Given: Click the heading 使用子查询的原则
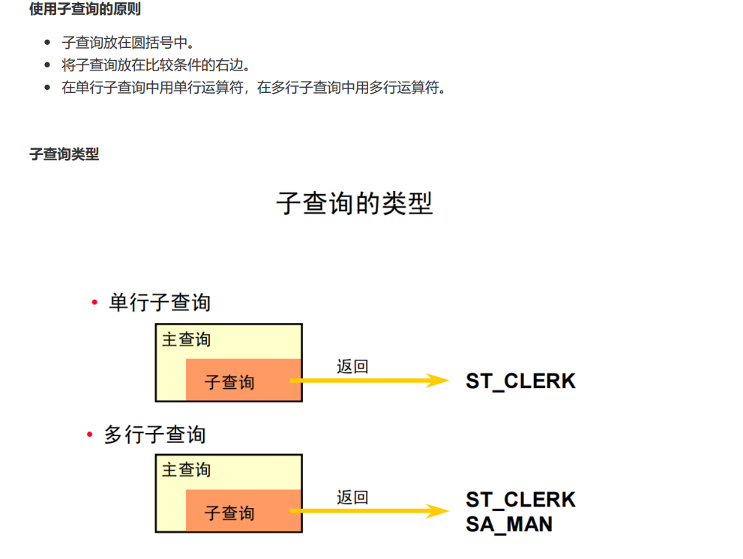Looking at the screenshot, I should click(x=85, y=10).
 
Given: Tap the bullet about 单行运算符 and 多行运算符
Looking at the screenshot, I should click(x=254, y=88).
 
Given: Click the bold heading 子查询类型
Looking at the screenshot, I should click(x=64, y=154).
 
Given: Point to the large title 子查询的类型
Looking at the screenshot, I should click(x=355, y=203).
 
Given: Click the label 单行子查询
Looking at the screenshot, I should click(x=160, y=303).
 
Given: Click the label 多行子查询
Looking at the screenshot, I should click(x=154, y=435).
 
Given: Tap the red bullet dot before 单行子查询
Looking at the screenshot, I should click(x=94, y=303).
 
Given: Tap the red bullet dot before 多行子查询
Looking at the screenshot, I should click(x=90, y=435).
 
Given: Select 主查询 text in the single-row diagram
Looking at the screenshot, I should click(x=186, y=339).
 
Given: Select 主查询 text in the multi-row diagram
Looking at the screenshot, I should click(x=186, y=470).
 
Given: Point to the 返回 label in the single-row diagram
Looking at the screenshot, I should click(x=352, y=366).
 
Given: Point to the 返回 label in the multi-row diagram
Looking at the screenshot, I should click(x=352, y=497).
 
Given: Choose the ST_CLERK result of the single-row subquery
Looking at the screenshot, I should click(x=520, y=381).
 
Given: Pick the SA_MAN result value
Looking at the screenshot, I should click(x=509, y=524).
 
